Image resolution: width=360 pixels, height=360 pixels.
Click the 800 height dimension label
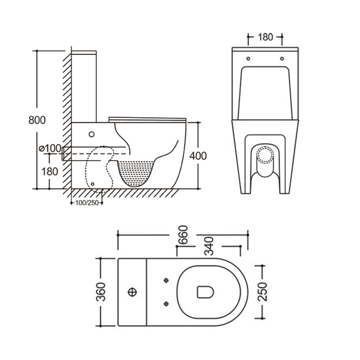click(37, 120)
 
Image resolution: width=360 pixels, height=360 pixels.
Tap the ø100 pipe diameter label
click(50, 148)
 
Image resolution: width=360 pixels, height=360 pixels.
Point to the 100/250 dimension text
click(87, 202)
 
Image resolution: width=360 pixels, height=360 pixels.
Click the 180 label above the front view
click(265, 37)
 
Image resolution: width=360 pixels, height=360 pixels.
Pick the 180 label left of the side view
click(49, 171)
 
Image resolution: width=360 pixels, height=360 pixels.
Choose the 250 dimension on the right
click(263, 292)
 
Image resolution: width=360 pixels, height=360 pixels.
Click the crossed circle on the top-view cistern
click(133, 292)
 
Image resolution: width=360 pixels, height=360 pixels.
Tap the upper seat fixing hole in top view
click(166, 281)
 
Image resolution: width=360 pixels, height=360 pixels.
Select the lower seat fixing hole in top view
click(166, 303)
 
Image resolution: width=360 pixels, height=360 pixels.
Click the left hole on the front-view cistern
click(248, 58)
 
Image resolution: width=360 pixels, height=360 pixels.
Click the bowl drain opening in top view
click(205, 292)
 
